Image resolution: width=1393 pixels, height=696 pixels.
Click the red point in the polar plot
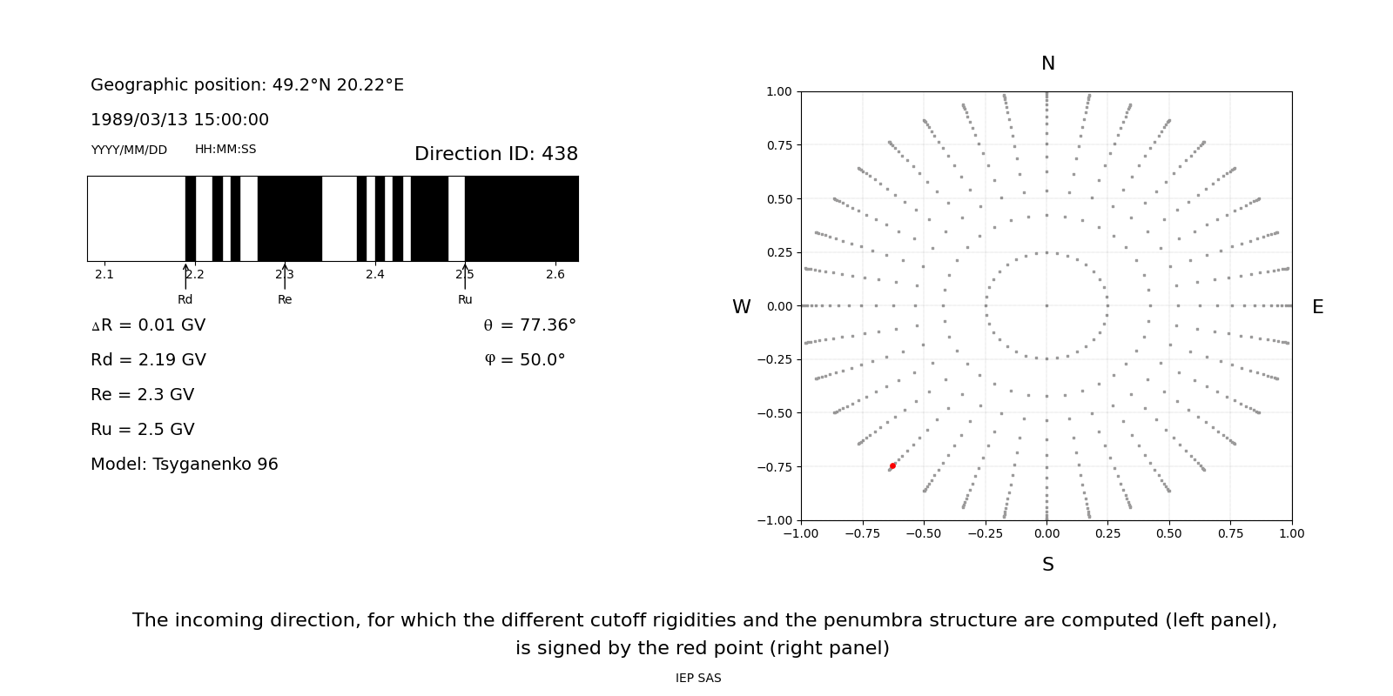892,466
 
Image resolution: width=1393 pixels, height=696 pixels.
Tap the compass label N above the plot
1047,64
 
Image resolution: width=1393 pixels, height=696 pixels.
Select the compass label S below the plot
1047,565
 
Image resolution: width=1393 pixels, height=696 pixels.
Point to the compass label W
741,307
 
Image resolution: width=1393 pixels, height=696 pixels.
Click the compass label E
1317,307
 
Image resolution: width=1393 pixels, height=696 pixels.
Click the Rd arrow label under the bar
185,299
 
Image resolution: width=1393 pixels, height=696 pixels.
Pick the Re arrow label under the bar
285,299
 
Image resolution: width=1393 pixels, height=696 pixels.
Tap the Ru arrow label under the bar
465,299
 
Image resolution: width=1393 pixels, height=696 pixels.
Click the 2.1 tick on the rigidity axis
104,275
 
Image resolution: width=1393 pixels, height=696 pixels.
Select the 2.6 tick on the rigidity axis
555,275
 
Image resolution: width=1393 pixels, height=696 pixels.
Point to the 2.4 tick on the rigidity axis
375,275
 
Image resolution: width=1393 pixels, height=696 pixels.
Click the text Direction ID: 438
495,154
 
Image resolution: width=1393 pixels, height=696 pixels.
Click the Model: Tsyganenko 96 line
185,465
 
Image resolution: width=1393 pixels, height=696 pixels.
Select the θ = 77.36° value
529,325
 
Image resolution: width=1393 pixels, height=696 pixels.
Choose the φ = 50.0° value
524,360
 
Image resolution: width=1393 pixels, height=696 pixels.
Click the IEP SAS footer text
698,678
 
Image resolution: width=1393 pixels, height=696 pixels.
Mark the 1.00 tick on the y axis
778,91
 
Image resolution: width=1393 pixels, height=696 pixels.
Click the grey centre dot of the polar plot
1046,305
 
